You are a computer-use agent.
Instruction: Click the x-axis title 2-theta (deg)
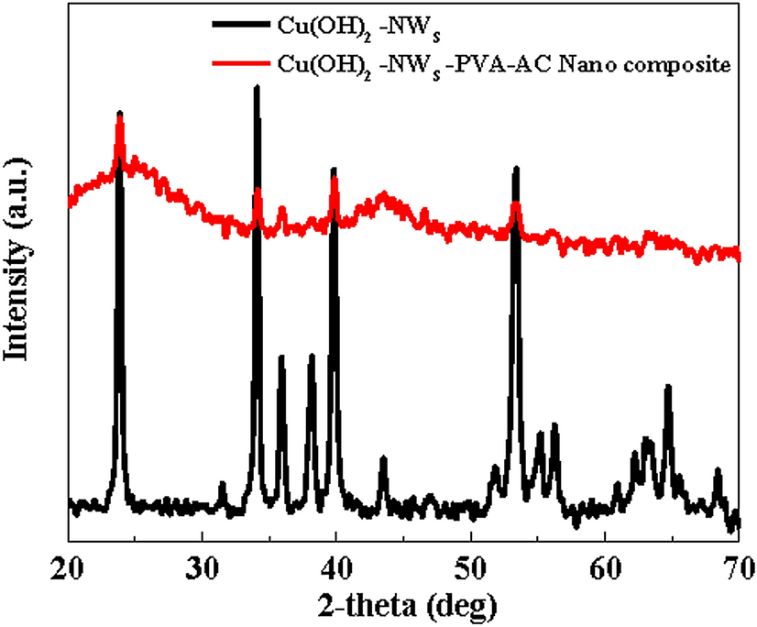pos(402,604)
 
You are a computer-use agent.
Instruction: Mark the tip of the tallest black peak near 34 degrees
pos(257,87)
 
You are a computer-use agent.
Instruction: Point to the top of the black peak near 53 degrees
pos(516,168)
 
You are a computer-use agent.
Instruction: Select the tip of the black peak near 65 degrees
pos(668,387)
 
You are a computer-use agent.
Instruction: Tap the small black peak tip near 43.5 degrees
pos(383,457)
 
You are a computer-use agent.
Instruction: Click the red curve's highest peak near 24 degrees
pos(119,114)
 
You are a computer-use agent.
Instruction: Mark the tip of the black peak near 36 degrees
pos(281,357)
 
